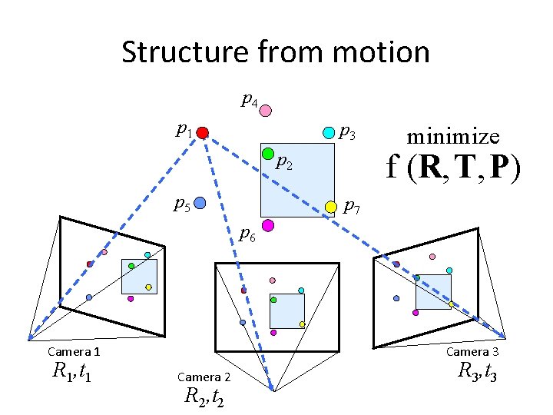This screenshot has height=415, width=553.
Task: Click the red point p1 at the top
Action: pyautogui.click(x=202, y=133)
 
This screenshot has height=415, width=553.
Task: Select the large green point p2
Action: pyautogui.click(x=268, y=154)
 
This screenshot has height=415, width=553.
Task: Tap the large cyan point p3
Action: pyautogui.click(x=329, y=132)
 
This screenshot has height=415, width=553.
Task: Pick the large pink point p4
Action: pyautogui.click(x=265, y=111)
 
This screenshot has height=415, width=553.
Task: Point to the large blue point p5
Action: pyautogui.click(x=200, y=204)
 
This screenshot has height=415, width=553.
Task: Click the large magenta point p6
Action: pyautogui.click(x=268, y=225)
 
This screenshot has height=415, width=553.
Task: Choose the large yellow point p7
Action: pyautogui.click(x=331, y=207)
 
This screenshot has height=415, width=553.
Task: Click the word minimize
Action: pyautogui.click(x=453, y=137)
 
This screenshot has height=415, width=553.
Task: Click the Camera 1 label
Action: pyautogui.click(x=74, y=352)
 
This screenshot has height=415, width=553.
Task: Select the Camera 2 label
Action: pyautogui.click(x=204, y=377)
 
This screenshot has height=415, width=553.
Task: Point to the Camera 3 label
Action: pyautogui.click(x=473, y=352)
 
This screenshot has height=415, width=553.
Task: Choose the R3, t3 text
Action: pyautogui.click(x=477, y=372)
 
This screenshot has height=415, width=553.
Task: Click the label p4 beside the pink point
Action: pyautogui.click(x=249, y=99)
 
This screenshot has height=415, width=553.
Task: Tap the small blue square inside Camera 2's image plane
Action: pyautogui.click(x=286, y=311)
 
